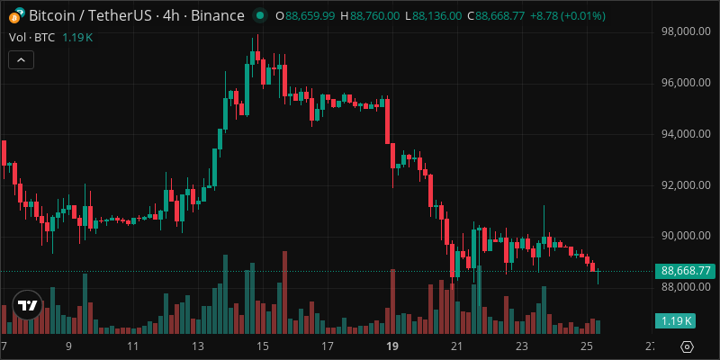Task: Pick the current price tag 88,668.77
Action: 687,270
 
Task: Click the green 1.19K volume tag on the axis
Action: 676,321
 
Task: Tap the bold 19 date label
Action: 391,346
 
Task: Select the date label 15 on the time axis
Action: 262,346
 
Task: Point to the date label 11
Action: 132,346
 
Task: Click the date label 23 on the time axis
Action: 521,346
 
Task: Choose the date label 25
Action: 586,346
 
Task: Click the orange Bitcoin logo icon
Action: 15,15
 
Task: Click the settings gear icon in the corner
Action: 687,346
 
